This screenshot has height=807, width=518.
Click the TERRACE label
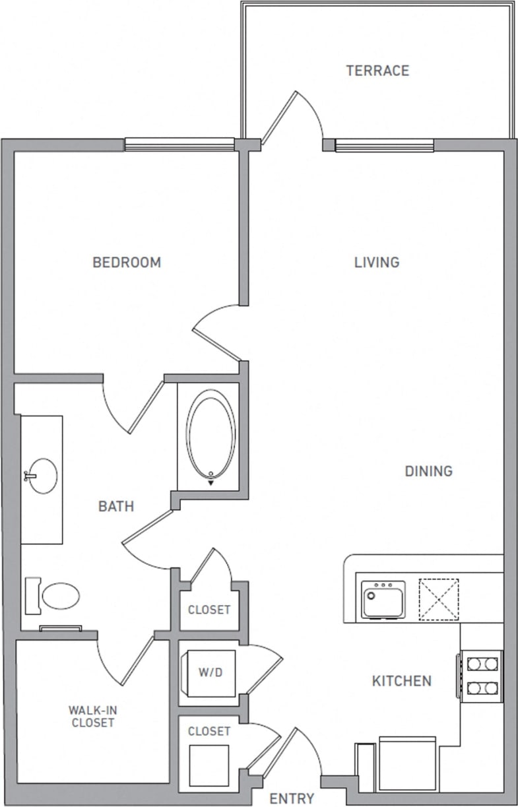coord(377,71)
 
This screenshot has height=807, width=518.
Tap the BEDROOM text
coord(127,263)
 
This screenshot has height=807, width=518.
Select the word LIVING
coord(377,263)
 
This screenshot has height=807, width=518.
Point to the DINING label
coord(428,471)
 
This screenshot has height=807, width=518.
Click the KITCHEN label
coord(402,681)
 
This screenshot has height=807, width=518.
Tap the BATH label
coord(116,507)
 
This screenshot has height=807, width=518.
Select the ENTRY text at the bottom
coord(292,799)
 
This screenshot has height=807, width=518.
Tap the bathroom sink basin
coord(42,476)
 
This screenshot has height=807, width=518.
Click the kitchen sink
coord(383,599)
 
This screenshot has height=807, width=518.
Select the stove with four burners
coord(481,676)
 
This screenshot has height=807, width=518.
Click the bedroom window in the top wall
coord(179,145)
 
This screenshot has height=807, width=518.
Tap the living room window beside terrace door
coord(384,145)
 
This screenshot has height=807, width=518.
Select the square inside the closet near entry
coord(209,765)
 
